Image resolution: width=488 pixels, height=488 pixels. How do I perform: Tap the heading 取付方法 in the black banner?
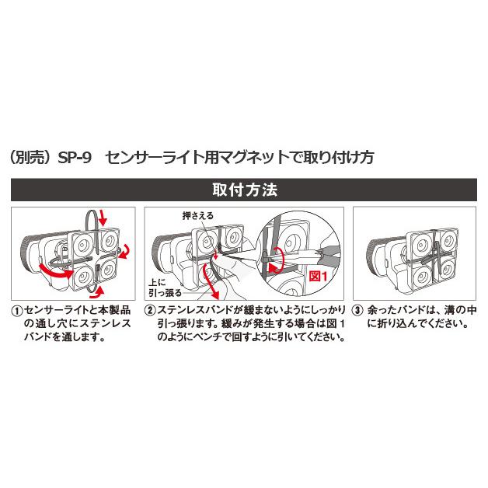[244, 190]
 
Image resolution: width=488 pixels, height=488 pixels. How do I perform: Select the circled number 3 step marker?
[357, 309]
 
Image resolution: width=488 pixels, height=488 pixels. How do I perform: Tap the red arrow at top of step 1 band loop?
[106, 215]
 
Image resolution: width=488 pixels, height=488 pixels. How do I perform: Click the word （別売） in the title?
[32, 156]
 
